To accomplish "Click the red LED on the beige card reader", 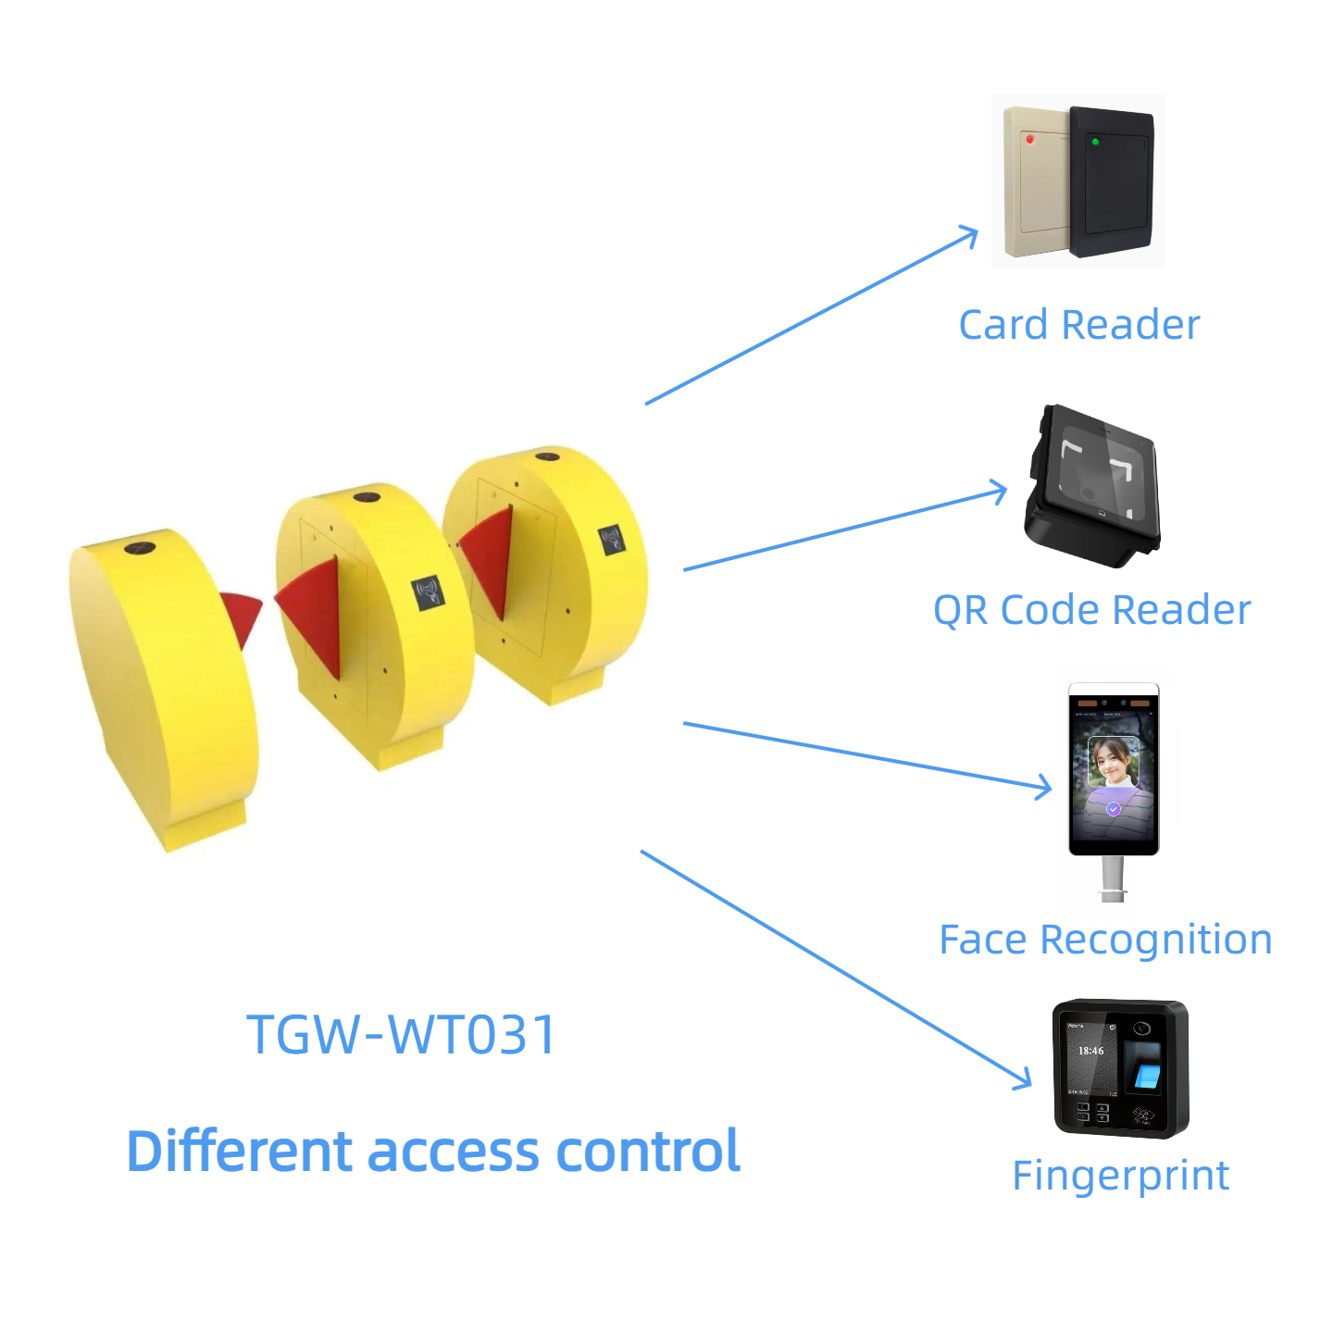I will pos(1029,140).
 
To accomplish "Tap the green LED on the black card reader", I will pos(1095,142).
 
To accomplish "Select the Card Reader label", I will pos(1078,325).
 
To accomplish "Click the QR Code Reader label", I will pos(1091,610).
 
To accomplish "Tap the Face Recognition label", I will pos(1105,940).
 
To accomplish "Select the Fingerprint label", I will pos(1120,1176).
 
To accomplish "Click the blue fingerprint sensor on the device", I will pos(1148,1076).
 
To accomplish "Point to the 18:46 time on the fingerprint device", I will pos(1090,1051).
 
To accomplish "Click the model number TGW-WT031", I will pos(401,1034).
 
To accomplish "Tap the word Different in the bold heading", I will pos(240,1152).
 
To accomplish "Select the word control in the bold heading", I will pos(647,1152).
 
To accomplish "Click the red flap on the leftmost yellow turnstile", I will pos(242,616).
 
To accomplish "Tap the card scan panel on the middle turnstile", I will pos(428,592).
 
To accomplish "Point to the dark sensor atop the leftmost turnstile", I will pos(139,548).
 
